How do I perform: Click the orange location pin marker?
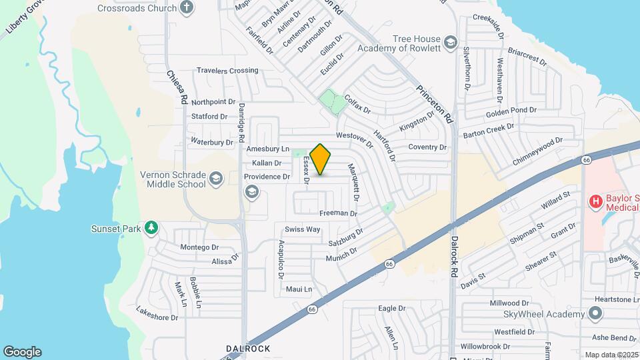(x=321, y=159)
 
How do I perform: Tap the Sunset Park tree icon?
(x=152, y=229)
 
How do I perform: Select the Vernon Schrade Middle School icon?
(x=215, y=178)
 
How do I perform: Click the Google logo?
(x=22, y=352)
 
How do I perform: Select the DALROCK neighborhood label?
(x=248, y=349)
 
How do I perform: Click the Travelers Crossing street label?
(x=227, y=71)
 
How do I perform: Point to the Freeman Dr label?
(x=339, y=213)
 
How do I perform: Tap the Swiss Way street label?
(x=303, y=229)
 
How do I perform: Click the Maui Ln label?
(x=299, y=289)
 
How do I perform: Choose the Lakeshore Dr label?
(x=157, y=313)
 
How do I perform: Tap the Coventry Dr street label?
(x=427, y=147)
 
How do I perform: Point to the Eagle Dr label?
(x=392, y=309)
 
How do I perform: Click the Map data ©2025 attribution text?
(x=612, y=355)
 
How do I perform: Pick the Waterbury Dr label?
(x=212, y=141)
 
